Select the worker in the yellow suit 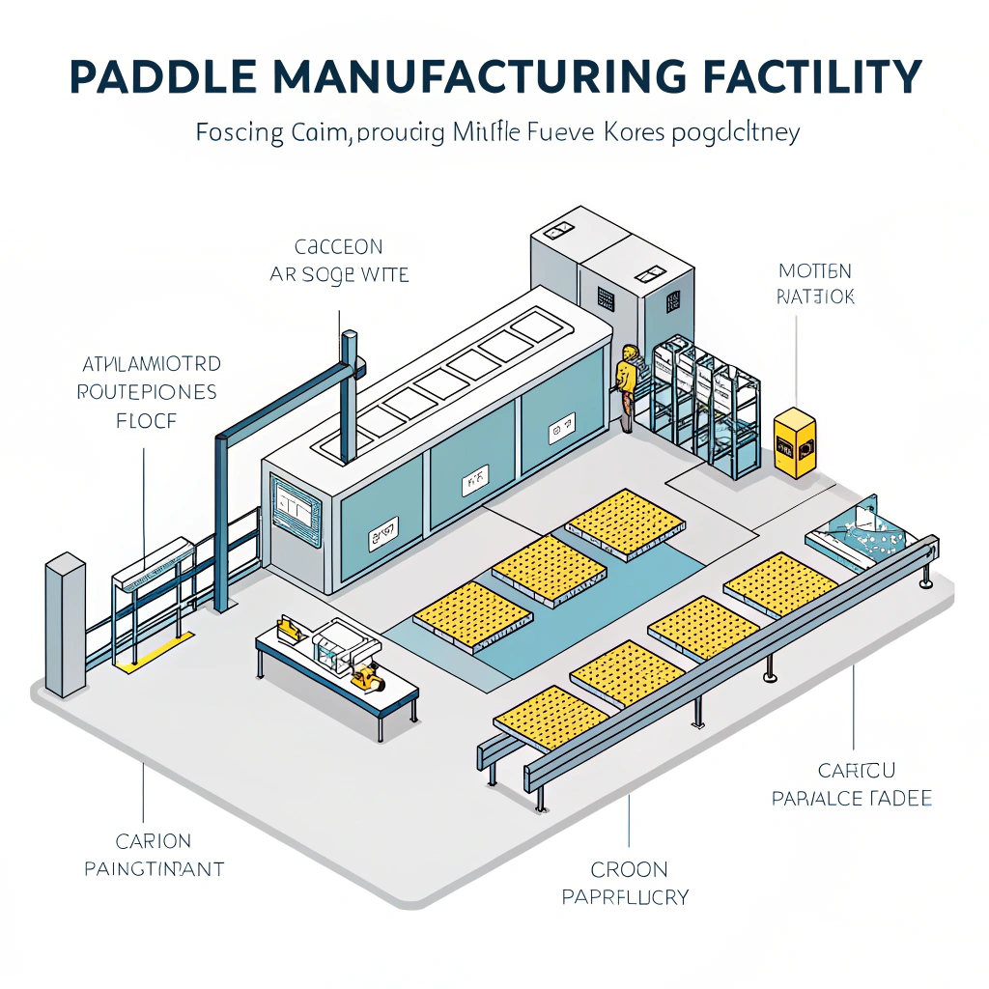coord(628,384)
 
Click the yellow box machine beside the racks coord(795,441)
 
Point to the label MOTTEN coord(814,271)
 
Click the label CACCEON coord(339,247)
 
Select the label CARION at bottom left coord(153,841)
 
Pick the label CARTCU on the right coord(856,771)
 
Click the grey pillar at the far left coord(66,623)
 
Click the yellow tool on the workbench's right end coord(369,678)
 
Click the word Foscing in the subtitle coord(239,133)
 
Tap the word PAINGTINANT coord(154,869)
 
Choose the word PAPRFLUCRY coord(626,897)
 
